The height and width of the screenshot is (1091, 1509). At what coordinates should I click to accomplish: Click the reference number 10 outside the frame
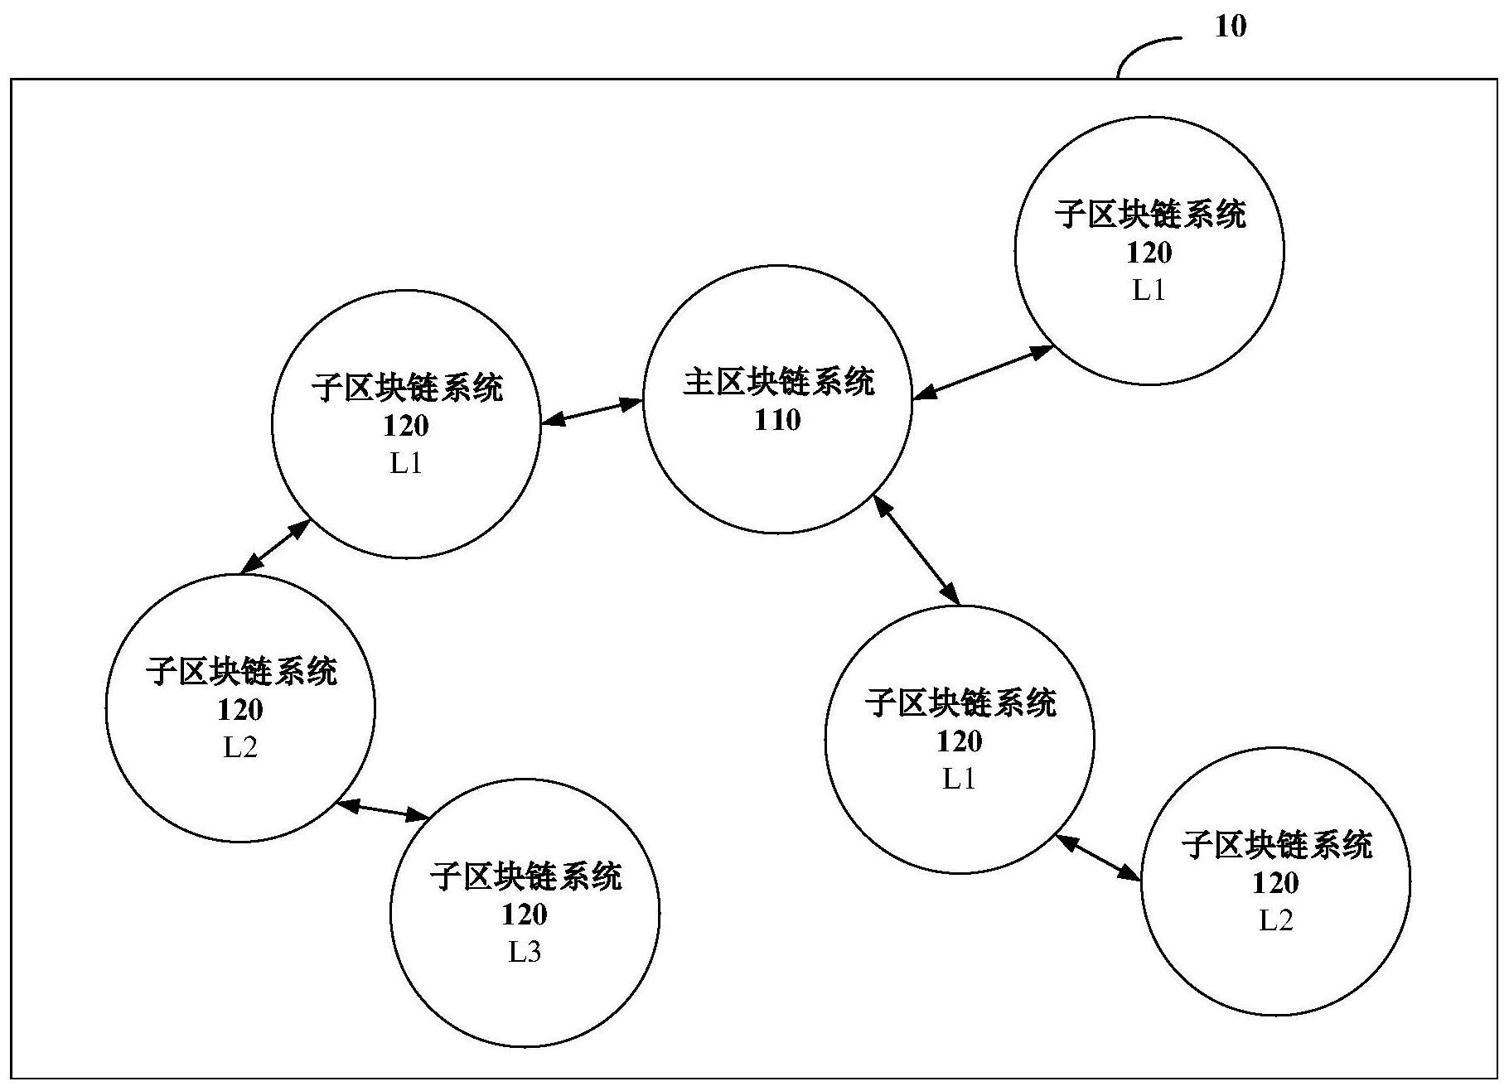[x=1230, y=27]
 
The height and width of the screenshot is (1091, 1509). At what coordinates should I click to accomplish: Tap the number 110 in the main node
[x=777, y=420]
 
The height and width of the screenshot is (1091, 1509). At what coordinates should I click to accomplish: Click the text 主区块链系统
[x=778, y=382]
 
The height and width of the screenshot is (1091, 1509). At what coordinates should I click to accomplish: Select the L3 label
[x=525, y=952]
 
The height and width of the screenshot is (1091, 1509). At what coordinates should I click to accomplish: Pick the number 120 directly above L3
[x=525, y=915]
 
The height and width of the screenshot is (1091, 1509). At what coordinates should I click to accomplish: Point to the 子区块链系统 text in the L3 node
[x=525, y=876]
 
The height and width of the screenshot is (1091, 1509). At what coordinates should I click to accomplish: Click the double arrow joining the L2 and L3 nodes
[x=383, y=809]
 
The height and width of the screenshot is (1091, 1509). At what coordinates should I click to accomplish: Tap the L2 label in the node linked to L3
[x=240, y=747]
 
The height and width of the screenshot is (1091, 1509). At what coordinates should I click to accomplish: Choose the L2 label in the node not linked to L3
[x=1276, y=920]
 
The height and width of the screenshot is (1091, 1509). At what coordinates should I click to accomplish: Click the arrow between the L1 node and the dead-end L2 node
[x=1099, y=857]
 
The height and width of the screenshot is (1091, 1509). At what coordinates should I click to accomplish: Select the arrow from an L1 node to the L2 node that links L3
[x=275, y=547]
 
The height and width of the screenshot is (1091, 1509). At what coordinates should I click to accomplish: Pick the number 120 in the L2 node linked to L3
[x=240, y=710]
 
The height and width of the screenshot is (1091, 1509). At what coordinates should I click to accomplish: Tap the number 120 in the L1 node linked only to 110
[x=1149, y=252]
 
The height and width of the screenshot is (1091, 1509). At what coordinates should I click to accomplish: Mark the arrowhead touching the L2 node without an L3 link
[x=1131, y=874]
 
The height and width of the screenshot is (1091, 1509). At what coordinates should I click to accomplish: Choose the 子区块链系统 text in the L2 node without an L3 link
[x=1276, y=845]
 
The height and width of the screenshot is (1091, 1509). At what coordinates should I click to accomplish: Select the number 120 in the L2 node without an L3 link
[x=1276, y=883]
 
